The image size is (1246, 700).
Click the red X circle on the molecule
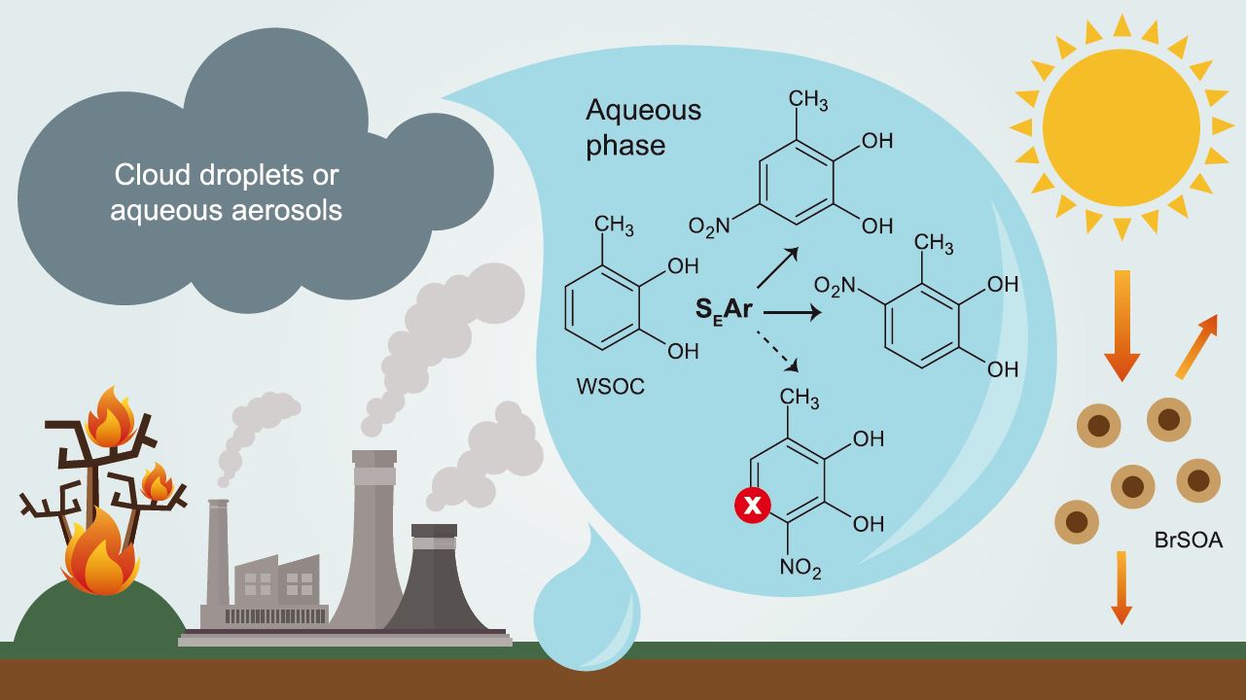pyautogui.click(x=751, y=504)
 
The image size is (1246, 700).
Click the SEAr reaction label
pyautogui.click(x=727, y=311)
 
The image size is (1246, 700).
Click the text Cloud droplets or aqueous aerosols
pyautogui.click(x=228, y=192)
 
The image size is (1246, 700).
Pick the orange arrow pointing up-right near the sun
pyautogui.click(x=1195, y=346)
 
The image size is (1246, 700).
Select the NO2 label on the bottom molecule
pyautogui.click(x=801, y=570)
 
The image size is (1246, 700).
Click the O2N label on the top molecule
pyautogui.click(x=708, y=227)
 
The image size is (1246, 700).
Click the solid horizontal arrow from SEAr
pyautogui.click(x=792, y=313)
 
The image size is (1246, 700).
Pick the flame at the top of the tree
pyautogui.click(x=110, y=418)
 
